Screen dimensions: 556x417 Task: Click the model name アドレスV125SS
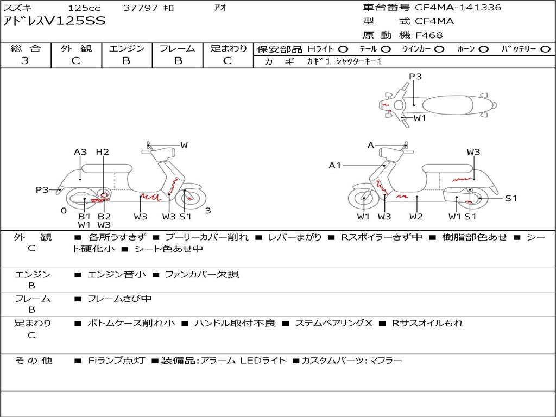tap(55, 21)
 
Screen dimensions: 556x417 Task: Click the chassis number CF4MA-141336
tap(458, 7)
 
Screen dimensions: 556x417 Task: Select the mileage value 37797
tap(141, 8)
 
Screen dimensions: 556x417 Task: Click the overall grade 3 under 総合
tap(25, 60)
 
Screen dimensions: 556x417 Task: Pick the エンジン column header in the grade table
tap(127, 48)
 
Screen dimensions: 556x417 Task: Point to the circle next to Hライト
tap(343, 49)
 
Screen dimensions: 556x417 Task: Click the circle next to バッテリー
tap(546, 49)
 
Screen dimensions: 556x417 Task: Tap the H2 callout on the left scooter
tap(103, 152)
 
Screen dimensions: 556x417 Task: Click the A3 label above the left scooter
tap(80, 152)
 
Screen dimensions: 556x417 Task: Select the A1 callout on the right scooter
tap(334, 165)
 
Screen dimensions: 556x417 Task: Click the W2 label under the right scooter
tap(416, 216)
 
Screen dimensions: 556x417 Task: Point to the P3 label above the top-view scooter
tap(415, 77)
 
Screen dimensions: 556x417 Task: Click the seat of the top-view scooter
tap(448, 105)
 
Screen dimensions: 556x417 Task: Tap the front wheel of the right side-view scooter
tap(364, 199)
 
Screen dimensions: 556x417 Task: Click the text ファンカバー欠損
tap(202, 274)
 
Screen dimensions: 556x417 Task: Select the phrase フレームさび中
tap(119, 299)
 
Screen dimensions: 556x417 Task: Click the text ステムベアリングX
tap(334, 323)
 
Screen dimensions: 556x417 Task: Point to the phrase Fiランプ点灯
tap(117, 361)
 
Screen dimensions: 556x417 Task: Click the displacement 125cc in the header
tap(84, 8)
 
